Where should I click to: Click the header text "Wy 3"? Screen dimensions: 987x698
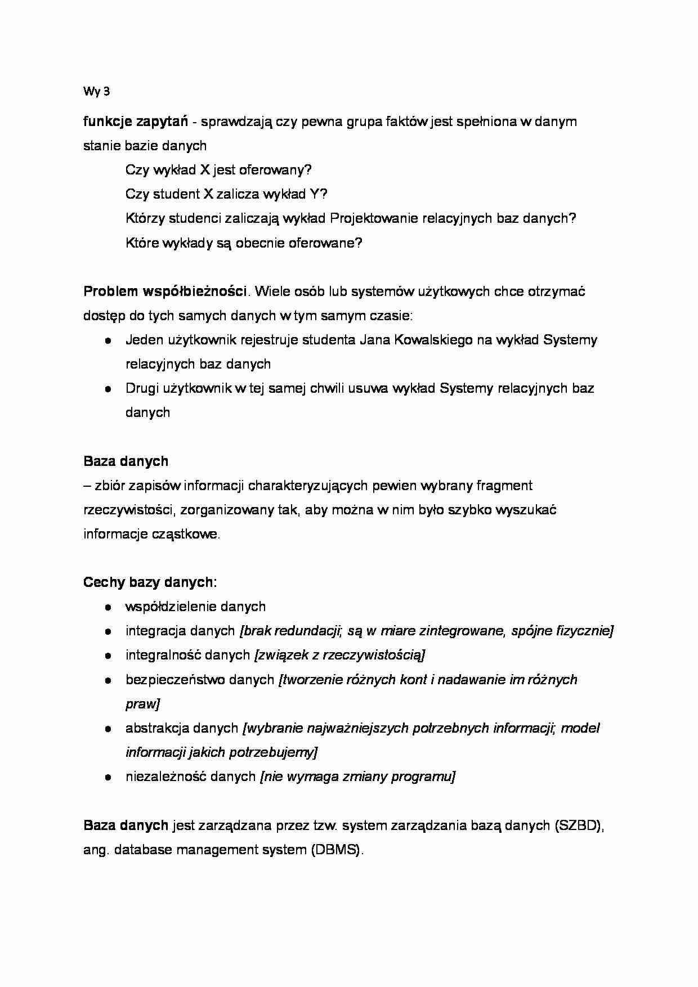(96, 92)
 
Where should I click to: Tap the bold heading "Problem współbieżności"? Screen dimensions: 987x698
(165, 291)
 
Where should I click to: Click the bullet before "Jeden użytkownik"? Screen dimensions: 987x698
(107, 340)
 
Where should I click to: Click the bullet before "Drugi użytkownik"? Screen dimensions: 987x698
(107, 389)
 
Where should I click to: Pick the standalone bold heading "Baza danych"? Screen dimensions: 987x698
(126, 461)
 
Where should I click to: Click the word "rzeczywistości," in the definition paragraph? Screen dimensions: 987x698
(131, 510)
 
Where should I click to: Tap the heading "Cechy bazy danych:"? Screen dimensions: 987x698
(150, 582)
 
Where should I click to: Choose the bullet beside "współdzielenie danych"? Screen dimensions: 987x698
(107, 607)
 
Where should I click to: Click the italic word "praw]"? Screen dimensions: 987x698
(142, 704)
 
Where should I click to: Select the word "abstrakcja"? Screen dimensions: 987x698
(157, 728)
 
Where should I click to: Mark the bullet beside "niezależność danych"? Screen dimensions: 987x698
(107, 777)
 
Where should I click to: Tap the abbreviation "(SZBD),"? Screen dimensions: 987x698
(580, 826)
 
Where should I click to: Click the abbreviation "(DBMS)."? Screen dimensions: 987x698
(337, 850)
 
